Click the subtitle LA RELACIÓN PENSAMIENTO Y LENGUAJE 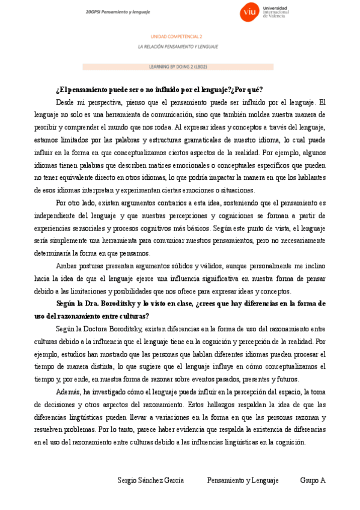click(178, 46)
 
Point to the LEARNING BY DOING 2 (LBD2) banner click(178, 67)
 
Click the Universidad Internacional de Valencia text click(276, 12)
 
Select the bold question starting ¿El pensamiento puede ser click(159, 90)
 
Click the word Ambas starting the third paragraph click(66, 266)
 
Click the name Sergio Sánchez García click(150, 481)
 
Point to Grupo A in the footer click(313, 481)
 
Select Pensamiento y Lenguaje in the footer click(243, 481)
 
